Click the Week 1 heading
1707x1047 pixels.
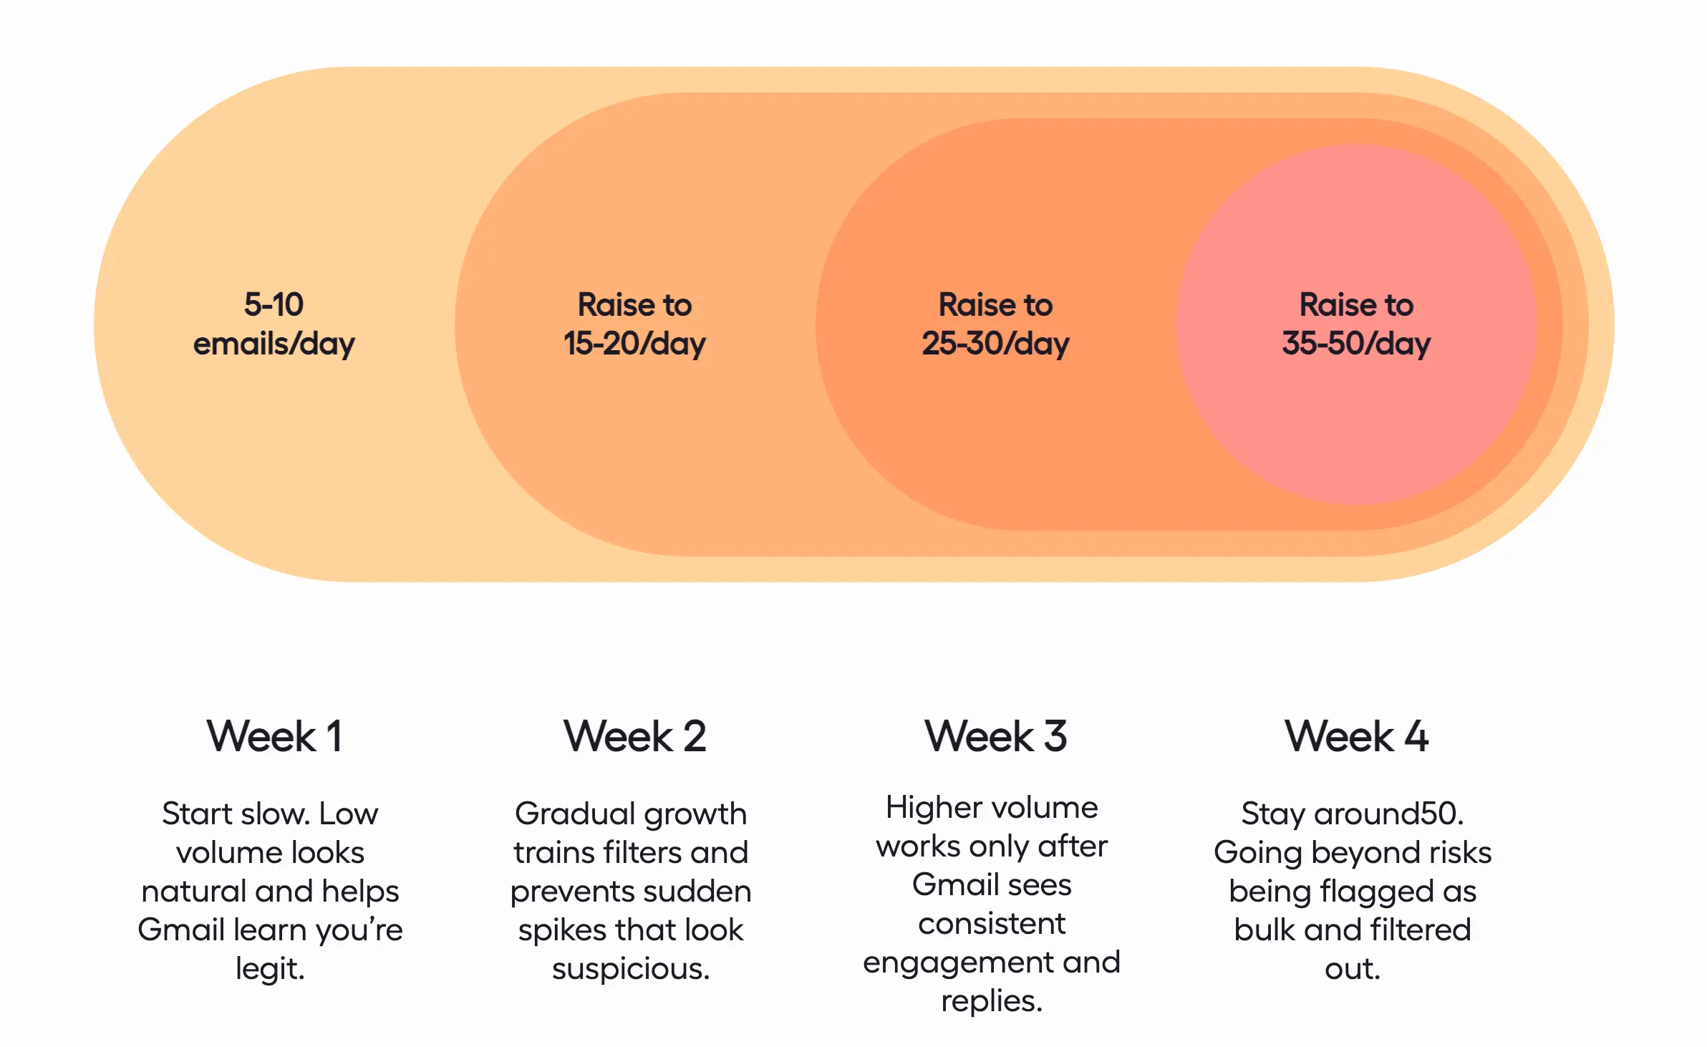274,736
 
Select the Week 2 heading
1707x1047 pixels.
634,736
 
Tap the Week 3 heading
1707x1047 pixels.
995,736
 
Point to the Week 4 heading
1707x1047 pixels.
1356,736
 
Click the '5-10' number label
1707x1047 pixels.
274,305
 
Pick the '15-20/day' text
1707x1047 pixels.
634,344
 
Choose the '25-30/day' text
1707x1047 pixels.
995,344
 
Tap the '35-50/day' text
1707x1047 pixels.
1356,344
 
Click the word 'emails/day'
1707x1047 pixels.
274,344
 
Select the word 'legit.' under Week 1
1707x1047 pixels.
270,969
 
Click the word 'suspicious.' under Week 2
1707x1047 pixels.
631,969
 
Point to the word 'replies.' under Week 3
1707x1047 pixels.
992,1001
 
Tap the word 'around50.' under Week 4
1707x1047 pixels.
1388,814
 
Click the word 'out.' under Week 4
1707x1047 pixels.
1353,969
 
